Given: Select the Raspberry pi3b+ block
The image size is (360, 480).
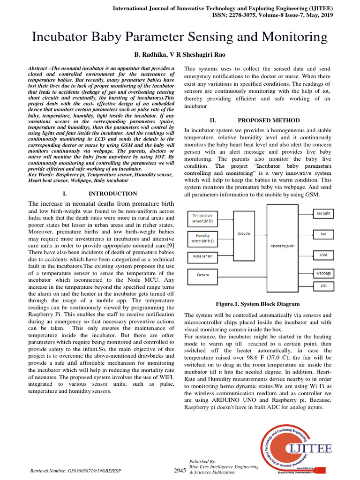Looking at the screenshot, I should [282, 245].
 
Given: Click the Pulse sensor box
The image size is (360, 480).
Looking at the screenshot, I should [203, 256].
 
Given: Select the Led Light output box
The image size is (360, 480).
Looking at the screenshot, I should [323, 213].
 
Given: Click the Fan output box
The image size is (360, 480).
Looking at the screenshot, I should [323, 233].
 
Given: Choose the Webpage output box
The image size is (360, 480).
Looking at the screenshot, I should [323, 272].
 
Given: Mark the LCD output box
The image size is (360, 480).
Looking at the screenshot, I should [323, 285].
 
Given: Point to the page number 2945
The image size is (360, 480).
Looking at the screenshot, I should [180, 470].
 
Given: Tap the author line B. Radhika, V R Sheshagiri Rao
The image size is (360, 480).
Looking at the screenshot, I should [180, 54].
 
